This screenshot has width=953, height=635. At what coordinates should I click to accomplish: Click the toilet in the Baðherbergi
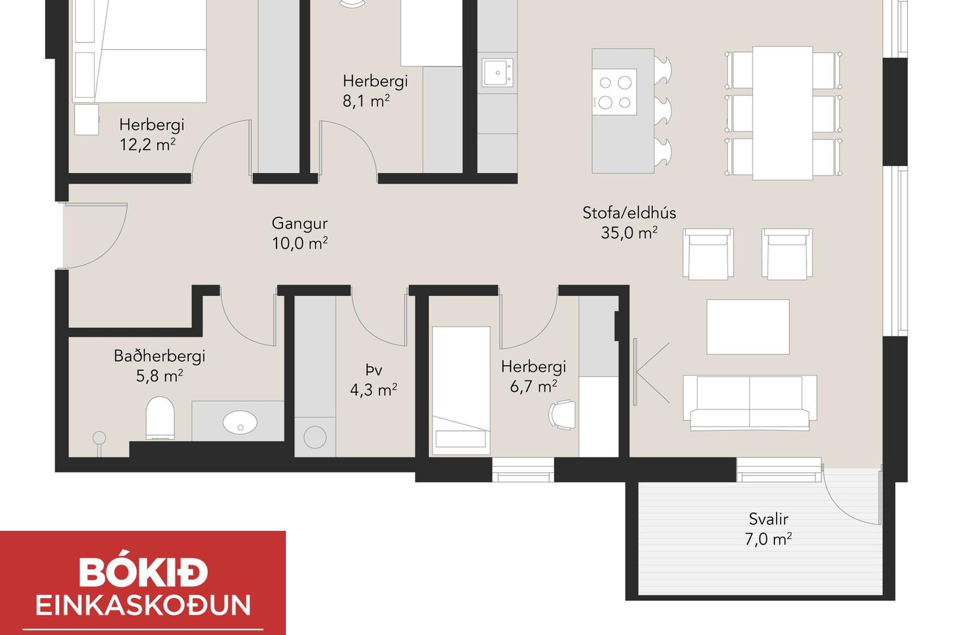tap(160, 418)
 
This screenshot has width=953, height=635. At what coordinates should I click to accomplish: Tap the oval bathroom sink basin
tap(240, 422)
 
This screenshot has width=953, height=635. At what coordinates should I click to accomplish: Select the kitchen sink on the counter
tap(497, 73)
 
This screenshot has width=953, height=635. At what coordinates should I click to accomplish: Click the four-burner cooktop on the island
tap(614, 92)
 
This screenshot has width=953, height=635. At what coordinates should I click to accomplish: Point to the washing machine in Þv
tap(315, 437)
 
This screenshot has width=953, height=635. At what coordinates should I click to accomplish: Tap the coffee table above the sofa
tap(748, 327)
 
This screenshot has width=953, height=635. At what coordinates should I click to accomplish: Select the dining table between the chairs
tap(782, 113)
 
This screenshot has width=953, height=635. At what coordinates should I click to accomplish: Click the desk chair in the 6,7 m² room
tap(562, 414)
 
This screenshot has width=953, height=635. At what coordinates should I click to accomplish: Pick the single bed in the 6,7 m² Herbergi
tap(461, 390)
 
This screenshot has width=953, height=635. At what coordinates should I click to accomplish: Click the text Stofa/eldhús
tap(629, 213)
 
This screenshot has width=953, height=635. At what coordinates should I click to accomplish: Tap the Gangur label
tap(299, 223)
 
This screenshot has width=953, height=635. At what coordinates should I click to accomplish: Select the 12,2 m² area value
tap(147, 144)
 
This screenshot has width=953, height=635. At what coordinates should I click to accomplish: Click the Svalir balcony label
tap(768, 519)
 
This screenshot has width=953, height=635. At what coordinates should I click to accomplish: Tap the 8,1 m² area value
tap(366, 101)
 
